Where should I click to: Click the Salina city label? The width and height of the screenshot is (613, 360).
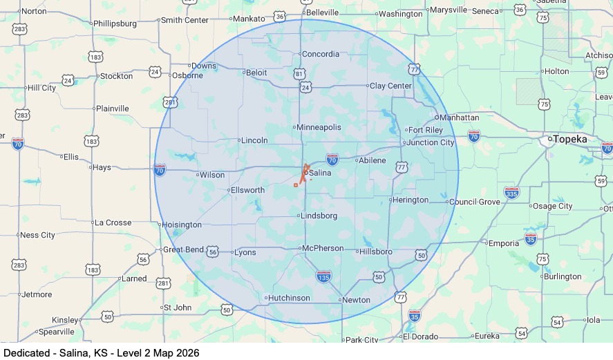(x=321, y=173)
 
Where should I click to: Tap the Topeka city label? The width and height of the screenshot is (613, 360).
(x=570, y=139)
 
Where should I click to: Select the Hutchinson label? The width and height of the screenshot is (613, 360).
(x=289, y=298)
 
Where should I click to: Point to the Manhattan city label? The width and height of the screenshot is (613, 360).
(x=459, y=117)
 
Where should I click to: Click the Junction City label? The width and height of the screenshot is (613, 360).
(x=431, y=142)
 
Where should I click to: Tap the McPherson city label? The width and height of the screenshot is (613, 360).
(x=323, y=248)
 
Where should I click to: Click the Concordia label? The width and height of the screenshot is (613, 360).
(x=321, y=54)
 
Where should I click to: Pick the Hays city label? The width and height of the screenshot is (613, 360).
(x=102, y=167)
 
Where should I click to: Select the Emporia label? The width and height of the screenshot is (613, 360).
(x=503, y=243)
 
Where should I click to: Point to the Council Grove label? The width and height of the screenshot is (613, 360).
(x=474, y=202)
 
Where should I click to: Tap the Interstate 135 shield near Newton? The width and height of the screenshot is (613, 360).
(x=323, y=276)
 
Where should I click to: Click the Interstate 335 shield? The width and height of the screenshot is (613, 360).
(x=511, y=193)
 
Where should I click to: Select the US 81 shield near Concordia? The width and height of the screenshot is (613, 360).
(x=299, y=74)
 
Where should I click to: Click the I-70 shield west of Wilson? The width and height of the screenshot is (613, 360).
(x=160, y=169)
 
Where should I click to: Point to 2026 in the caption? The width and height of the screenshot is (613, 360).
(x=187, y=352)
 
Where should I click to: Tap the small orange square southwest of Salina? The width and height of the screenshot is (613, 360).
(x=296, y=184)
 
